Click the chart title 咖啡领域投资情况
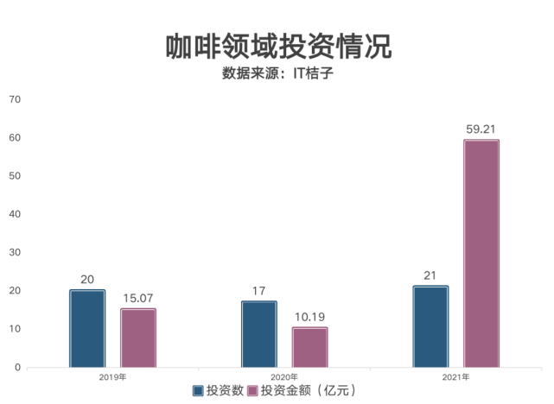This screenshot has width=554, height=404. tap(277, 46)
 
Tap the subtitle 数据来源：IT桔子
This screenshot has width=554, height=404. tap(277, 73)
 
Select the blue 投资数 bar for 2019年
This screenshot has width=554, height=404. tap(87, 329)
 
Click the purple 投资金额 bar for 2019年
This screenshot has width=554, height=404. tap(138, 338)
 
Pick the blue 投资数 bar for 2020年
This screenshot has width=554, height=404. tap(259, 334)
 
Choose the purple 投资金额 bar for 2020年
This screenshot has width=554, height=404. tap(309, 347)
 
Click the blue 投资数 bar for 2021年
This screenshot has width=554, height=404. tap(430, 326)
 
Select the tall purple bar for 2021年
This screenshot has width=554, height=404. tap(481, 254)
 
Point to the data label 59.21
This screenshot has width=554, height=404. tap(481, 129)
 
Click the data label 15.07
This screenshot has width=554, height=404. tap(138, 298)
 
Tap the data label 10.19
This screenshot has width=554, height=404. tap(309, 317)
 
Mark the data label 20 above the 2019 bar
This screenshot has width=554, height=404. tap(87, 280)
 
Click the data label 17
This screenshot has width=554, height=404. tap(259, 291)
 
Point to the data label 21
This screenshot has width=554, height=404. tap(430, 275)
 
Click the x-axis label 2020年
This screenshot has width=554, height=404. tap(284, 377)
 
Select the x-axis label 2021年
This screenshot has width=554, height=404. tap(455, 377)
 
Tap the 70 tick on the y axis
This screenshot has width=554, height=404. tap(14, 99)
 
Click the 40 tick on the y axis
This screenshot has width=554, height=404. tap(14, 214)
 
